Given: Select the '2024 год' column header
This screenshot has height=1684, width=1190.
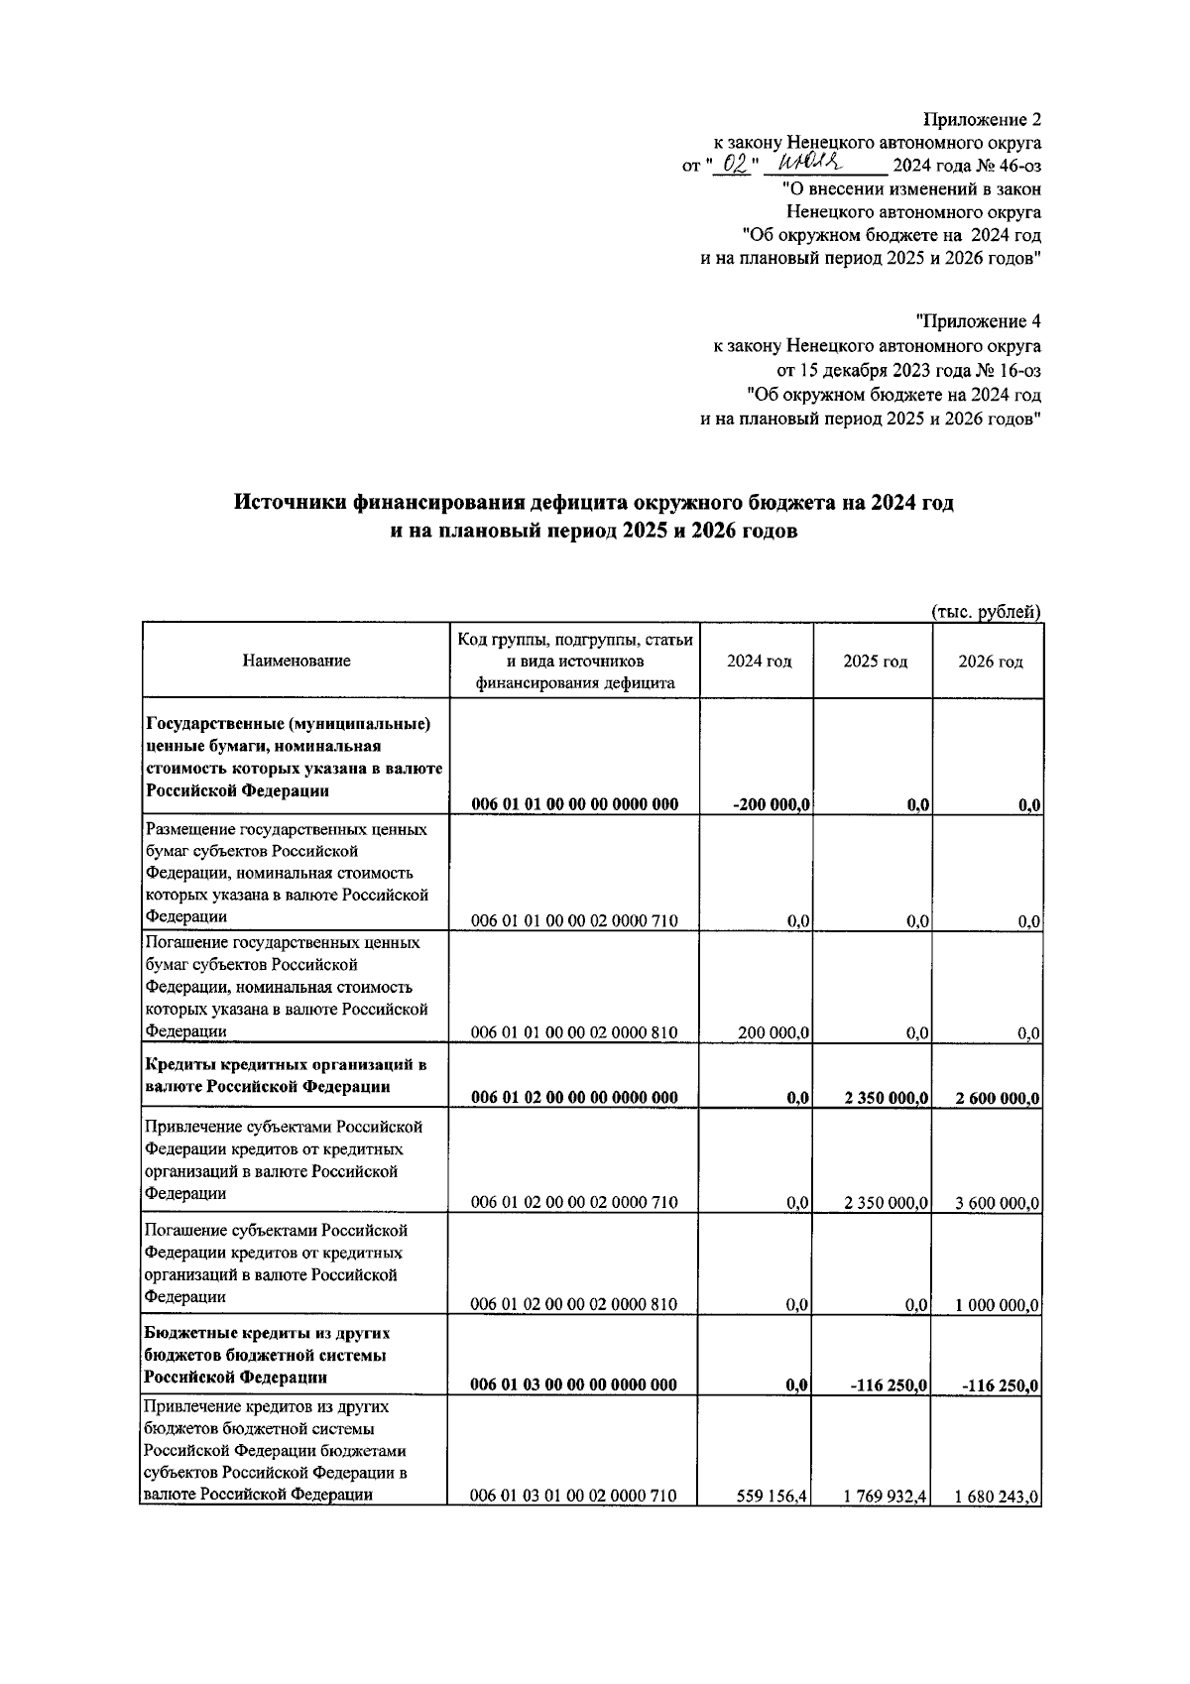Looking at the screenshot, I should [759, 662].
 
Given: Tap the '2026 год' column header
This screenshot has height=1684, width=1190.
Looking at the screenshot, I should [990, 662].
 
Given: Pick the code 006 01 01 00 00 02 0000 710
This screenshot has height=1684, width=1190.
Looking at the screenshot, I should [574, 920].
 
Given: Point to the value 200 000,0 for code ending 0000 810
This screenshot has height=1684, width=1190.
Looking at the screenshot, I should [773, 1033].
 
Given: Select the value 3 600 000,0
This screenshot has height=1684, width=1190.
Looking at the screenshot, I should [997, 1203].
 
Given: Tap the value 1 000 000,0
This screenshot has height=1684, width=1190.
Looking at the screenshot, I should [997, 1305].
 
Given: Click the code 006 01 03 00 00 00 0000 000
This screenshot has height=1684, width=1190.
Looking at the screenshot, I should [574, 1385].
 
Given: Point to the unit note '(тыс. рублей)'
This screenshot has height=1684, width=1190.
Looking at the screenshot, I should [986, 612].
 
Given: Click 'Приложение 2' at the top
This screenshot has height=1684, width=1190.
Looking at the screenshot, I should [982, 120].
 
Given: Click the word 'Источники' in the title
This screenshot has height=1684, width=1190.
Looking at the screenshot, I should [291, 503].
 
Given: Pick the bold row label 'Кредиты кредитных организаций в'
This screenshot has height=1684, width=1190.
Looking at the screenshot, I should [286, 1065].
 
